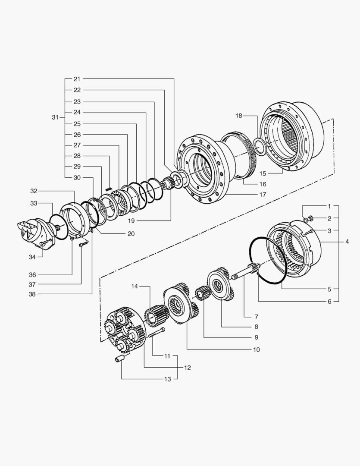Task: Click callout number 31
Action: (54, 117)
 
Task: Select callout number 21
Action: (77, 79)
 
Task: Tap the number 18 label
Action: (239, 116)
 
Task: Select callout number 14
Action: (135, 286)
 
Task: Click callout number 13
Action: (168, 379)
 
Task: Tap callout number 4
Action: (347, 242)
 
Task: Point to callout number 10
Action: (257, 349)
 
